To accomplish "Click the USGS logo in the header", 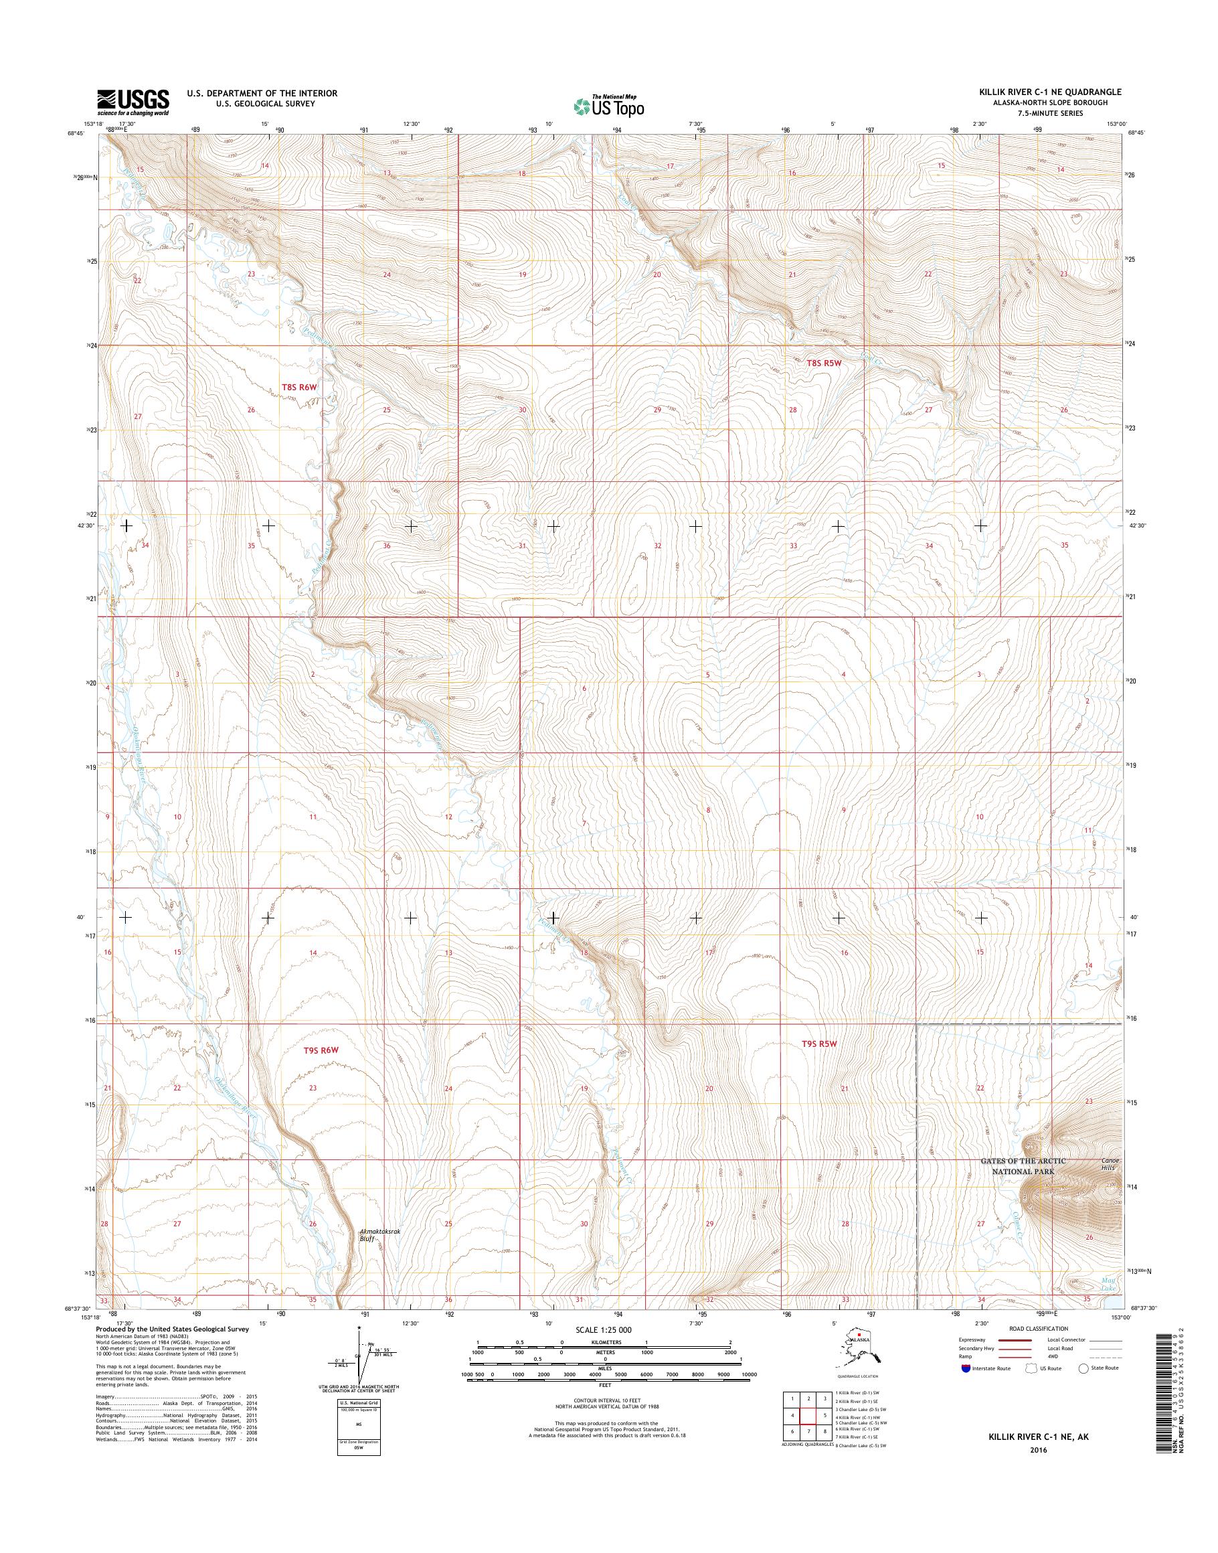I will [133, 102].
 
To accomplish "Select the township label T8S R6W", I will [298, 388].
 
